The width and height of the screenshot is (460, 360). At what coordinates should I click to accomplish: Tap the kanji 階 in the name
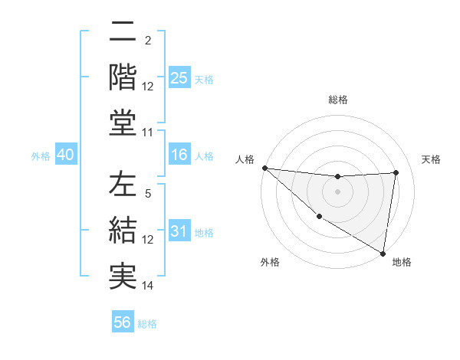coord(123,77)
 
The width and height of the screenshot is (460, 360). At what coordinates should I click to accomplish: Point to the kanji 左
coord(123,186)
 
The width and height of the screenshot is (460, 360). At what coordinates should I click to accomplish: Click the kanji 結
coord(123,230)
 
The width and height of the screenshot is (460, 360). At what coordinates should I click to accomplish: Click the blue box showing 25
coord(179,77)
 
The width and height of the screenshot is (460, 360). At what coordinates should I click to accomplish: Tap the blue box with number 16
coord(179,155)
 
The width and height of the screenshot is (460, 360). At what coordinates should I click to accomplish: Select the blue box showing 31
coord(179,231)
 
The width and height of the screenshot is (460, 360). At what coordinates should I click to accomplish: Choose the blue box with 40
coord(65,155)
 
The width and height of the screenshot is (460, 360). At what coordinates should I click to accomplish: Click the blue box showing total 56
coord(123,322)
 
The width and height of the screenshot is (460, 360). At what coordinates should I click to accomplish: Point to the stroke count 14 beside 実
coord(149,286)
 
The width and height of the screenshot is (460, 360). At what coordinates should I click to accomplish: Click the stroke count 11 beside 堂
coord(149,133)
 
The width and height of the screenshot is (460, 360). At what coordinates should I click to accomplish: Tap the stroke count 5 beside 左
coord(148,195)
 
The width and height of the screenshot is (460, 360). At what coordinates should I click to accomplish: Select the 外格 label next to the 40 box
coord(41,156)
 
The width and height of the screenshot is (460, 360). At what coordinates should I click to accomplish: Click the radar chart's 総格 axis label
coord(338,100)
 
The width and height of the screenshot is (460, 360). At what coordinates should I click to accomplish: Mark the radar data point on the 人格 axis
coord(264,168)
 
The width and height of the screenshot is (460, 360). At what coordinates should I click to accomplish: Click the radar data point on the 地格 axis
coord(383,252)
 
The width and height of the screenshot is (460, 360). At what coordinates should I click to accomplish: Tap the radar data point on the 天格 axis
coord(396,172)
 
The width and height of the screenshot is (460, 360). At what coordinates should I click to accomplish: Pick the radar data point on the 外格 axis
coord(319,216)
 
